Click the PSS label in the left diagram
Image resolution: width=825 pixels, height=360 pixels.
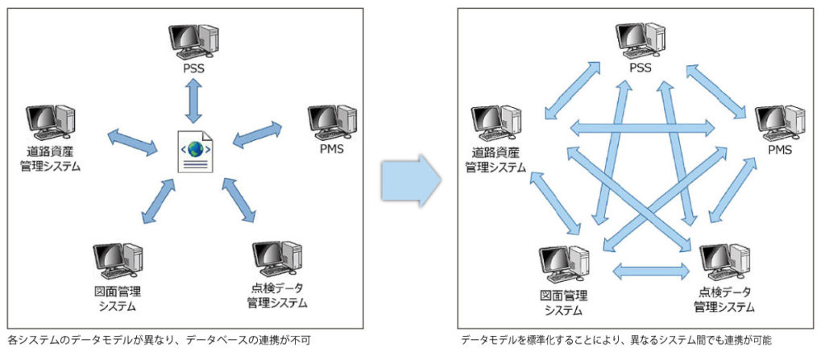point(193,68)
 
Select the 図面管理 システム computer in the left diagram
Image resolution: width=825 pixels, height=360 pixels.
point(118,259)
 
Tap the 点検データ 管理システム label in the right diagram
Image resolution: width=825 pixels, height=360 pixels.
point(724,300)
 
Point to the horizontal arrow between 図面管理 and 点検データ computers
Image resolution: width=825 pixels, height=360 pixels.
point(651,270)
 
